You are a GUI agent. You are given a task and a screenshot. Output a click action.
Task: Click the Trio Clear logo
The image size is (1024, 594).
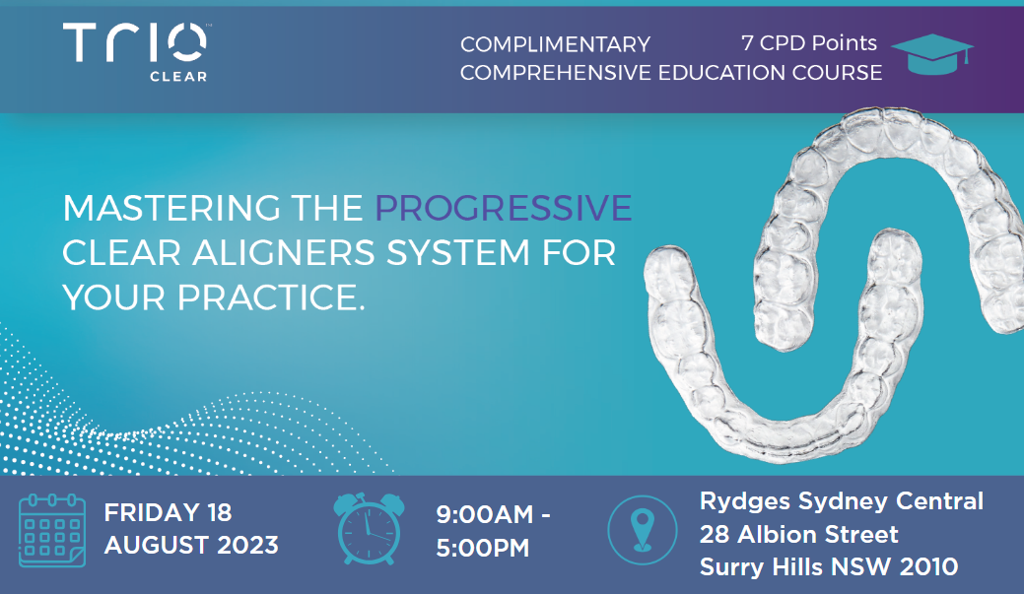click(135, 52)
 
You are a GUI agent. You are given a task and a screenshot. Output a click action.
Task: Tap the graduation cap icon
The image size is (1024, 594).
click(932, 54)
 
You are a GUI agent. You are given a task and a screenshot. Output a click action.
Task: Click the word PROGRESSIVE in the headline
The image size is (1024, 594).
click(504, 208)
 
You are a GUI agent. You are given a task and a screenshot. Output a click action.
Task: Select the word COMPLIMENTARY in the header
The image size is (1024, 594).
click(555, 44)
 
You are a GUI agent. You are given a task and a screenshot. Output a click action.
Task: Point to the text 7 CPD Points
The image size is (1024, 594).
click(809, 43)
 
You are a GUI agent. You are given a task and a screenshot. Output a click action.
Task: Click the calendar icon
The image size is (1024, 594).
click(52, 531)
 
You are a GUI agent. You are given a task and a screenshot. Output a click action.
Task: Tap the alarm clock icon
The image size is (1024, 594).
click(369, 529)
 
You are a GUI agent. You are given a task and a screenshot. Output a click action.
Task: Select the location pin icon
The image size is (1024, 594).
click(643, 530)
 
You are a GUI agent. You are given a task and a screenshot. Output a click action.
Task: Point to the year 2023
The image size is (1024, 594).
click(247, 545)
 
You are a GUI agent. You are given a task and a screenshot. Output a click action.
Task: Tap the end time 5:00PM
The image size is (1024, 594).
click(483, 549)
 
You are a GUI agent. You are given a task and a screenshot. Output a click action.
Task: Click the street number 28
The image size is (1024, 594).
click(715, 535)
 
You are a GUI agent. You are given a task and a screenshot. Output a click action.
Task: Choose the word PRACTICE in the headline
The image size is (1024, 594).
click(271, 297)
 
